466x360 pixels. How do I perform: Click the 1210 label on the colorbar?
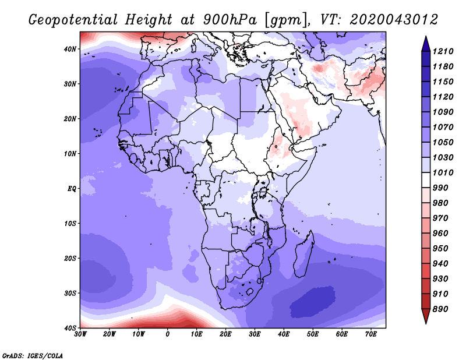(x=443, y=51)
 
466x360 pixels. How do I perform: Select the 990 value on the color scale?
(x=440, y=188)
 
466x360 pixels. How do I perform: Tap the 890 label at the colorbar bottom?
(x=440, y=309)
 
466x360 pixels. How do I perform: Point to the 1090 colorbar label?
(x=443, y=112)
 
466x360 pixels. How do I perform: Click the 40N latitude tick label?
(x=70, y=49)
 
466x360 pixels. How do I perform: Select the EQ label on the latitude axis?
(x=72, y=189)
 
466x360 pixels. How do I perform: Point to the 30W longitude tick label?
(x=80, y=334)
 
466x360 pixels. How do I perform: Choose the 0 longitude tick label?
(x=168, y=334)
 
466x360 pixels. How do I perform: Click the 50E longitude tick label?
(x=313, y=334)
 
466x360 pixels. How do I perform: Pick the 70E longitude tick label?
(x=370, y=334)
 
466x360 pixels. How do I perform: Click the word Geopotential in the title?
(x=73, y=20)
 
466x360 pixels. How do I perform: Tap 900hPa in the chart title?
(x=230, y=20)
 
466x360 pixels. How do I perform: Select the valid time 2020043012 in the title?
(x=394, y=20)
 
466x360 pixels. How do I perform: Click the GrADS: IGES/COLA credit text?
(x=33, y=356)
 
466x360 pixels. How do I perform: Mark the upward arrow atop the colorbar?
(x=426, y=44)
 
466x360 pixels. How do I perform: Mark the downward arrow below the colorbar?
(x=426, y=316)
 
